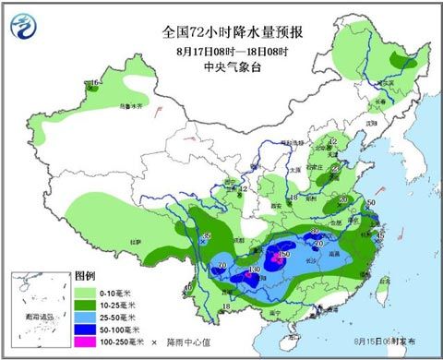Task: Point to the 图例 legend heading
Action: pyautogui.click(x=86, y=276)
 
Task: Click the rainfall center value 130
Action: pyautogui.click(x=252, y=271)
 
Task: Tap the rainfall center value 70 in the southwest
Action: pyautogui.click(x=220, y=269)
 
